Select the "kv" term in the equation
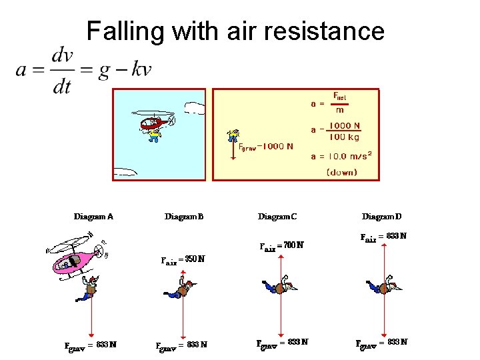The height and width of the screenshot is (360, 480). (141, 69)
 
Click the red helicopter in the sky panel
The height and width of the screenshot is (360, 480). (155, 122)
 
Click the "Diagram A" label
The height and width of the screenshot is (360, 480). (93, 216)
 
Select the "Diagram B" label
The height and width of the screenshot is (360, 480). (184, 216)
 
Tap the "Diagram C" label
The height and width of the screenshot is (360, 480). (277, 216)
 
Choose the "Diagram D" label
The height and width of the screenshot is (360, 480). (382, 216)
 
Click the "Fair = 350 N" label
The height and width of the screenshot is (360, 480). (183, 259)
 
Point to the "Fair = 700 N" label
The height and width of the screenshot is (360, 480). (281, 245)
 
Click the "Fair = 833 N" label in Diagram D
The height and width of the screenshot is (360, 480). (383, 236)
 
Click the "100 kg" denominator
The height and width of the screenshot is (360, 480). (343, 137)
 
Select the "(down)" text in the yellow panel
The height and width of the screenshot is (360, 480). (341, 172)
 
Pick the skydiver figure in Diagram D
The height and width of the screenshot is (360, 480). (383, 287)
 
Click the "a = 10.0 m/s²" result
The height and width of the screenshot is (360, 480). (341, 156)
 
